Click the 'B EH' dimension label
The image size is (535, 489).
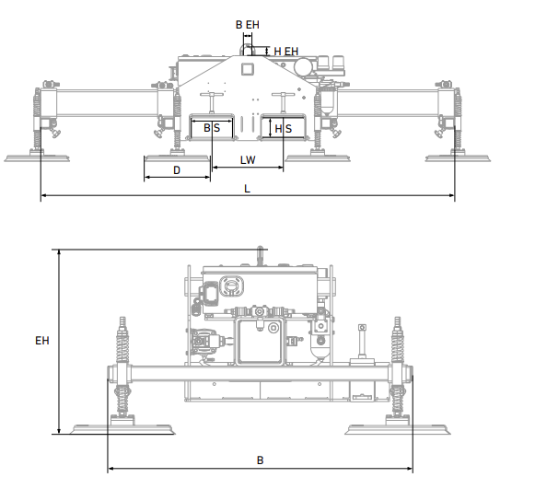point(247,25)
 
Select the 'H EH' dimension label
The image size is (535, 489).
point(285,51)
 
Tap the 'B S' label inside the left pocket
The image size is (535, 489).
point(212,129)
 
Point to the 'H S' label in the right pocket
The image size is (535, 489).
point(283,129)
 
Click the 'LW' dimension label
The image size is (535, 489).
point(247,160)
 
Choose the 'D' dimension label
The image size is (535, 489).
point(177,170)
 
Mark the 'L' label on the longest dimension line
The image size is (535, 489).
point(247,188)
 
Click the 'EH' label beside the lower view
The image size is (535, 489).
point(41,341)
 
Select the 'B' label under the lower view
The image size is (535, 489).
point(260,459)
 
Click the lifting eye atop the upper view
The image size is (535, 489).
point(247,49)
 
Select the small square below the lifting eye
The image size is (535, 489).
point(247,68)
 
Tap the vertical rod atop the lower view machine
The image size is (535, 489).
point(262,255)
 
